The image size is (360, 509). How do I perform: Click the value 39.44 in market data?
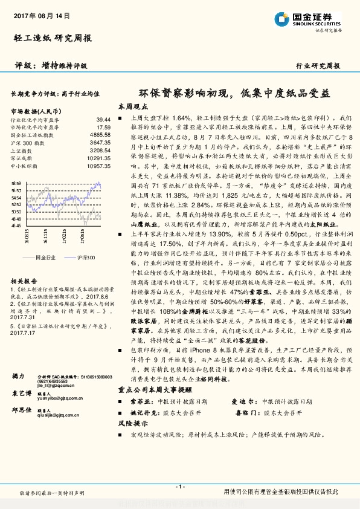(x=103, y=120)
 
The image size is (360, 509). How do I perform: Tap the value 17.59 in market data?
(x=103, y=128)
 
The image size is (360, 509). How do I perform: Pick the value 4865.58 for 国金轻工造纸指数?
(x=100, y=135)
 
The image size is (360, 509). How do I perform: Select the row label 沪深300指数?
(x=27, y=143)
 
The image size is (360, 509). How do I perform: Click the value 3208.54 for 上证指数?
(x=100, y=150)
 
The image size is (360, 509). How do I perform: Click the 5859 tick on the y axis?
(x=16, y=183)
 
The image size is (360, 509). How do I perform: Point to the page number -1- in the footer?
(x=179, y=487)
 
